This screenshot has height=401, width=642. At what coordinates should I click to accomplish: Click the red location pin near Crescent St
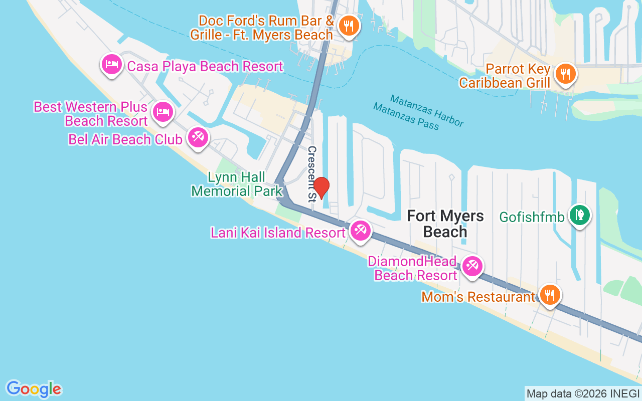coord(321,188)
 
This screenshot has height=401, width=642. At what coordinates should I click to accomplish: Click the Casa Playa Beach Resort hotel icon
coord(111,64)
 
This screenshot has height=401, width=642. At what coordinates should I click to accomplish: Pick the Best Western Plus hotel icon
coord(163,111)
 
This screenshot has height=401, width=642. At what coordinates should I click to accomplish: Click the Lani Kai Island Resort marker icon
coord(360,231)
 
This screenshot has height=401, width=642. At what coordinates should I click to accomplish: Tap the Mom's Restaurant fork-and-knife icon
coord(550,295)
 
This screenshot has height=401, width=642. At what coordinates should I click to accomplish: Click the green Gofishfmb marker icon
coord(580,215)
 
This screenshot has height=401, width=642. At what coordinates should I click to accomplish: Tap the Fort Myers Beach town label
coord(445,224)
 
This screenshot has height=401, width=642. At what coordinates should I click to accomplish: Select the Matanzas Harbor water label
coord(427,110)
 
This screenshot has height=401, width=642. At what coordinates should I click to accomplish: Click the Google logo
coord(34,389)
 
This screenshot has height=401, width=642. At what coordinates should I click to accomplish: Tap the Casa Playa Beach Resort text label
coord(205,66)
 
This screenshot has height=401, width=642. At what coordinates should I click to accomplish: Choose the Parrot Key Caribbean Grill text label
coord(505,76)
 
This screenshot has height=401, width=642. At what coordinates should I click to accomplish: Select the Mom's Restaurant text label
coord(478,297)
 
